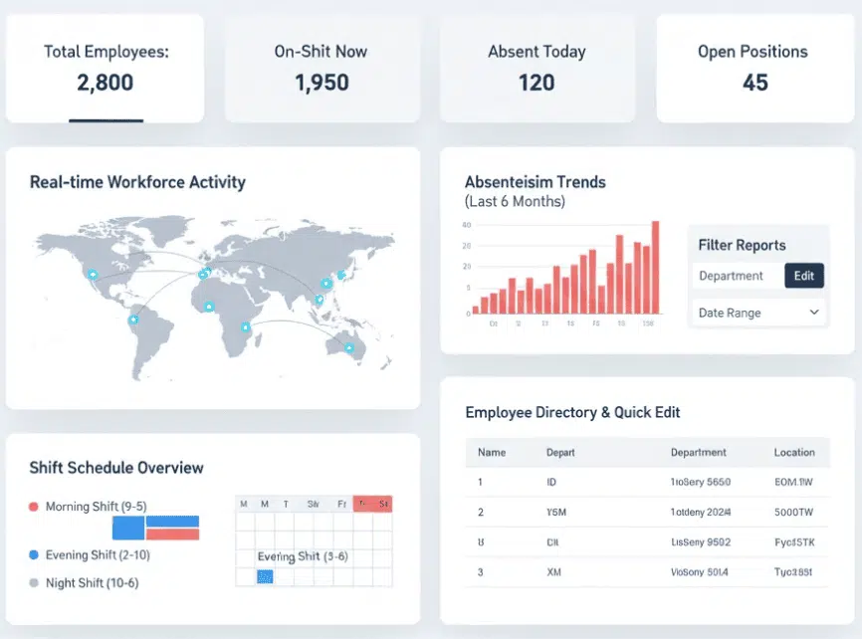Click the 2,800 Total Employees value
(x=105, y=83)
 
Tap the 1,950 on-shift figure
(x=322, y=83)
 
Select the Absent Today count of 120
(x=537, y=83)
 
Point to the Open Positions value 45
(x=754, y=83)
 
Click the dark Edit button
(x=803, y=276)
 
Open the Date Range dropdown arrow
(x=814, y=313)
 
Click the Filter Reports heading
(x=742, y=245)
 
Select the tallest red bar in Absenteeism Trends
(x=655, y=267)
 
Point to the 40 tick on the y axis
(x=466, y=225)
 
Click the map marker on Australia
(x=349, y=347)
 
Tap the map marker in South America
(x=133, y=319)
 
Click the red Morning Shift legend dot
(x=34, y=507)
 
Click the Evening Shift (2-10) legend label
(x=98, y=554)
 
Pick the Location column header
(x=794, y=452)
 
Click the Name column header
(x=492, y=452)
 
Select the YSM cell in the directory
(x=555, y=513)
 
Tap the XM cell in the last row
(x=553, y=572)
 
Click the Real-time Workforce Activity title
(x=137, y=182)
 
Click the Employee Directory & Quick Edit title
(x=572, y=412)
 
